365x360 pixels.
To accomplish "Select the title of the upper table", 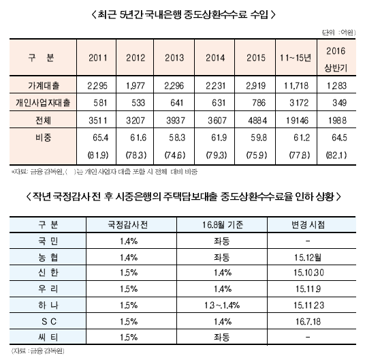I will tap(182, 14).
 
